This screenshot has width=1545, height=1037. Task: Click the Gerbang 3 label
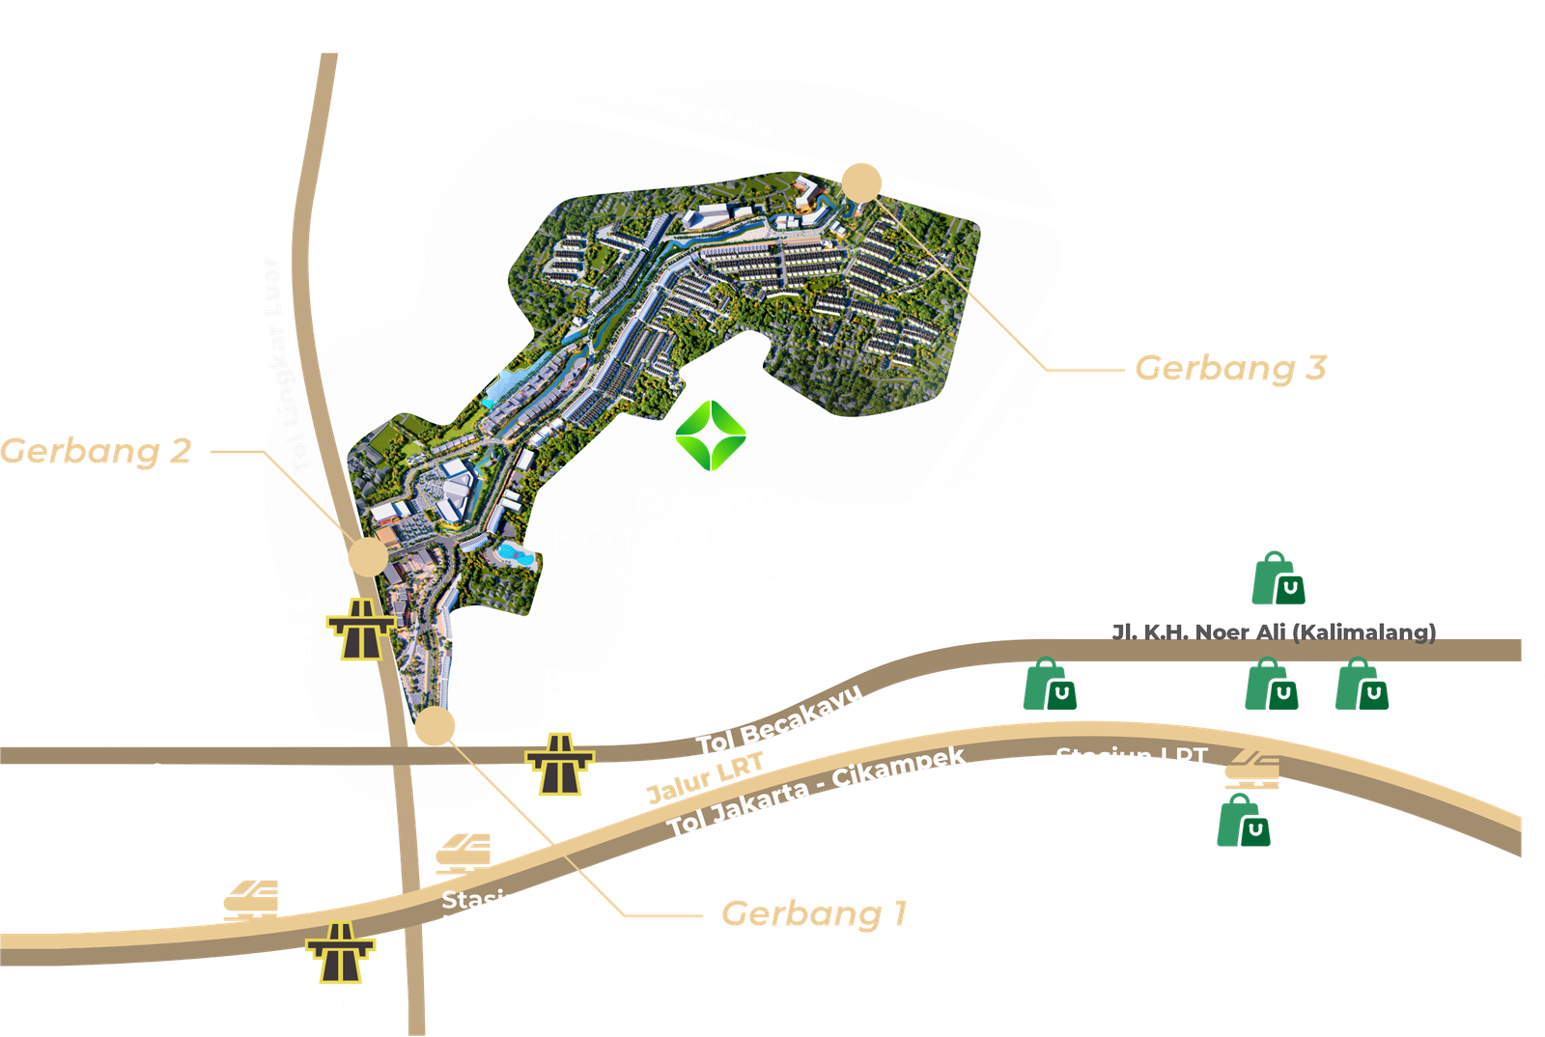pyautogui.click(x=1231, y=368)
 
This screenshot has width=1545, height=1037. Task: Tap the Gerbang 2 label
pyautogui.click(x=97, y=451)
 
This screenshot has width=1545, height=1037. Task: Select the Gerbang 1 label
pyautogui.click(x=814, y=913)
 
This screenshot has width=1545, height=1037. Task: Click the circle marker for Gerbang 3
pyautogui.click(x=861, y=182)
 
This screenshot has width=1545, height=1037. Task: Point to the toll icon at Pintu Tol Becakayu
pyautogui.click(x=560, y=765)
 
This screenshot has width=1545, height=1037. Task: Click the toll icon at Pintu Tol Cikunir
pyautogui.click(x=340, y=953)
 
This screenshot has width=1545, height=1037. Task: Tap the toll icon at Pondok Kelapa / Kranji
pyautogui.click(x=361, y=629)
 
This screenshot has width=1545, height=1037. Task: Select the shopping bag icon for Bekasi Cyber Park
pyautogui.click(x=1278, y=579)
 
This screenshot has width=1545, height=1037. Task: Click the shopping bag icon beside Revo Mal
pyautogui.click(x=1244, y=823)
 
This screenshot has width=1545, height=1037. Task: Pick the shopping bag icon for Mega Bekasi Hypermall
pyautogui.click(x=1362, y=685)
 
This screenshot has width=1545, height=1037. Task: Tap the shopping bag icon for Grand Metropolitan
pyautogui.click(x=1050, y=685)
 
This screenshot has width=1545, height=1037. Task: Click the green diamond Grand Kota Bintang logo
pyautogui.click(x=711, y=435)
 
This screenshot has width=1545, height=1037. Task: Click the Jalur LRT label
pyautogui.click(x=706, y=777)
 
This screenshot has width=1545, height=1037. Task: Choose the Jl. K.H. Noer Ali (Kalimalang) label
pyautogui.click(x=1274, y=632)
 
